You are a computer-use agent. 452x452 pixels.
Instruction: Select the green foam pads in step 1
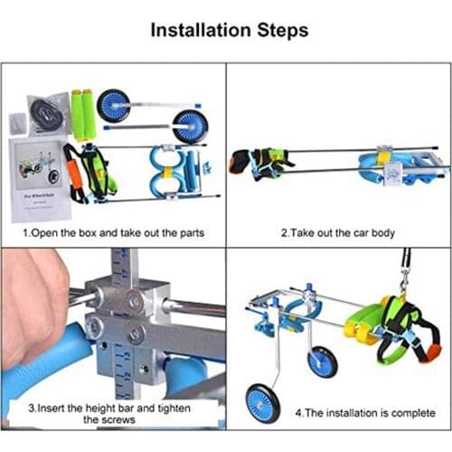click(x=83, y=115)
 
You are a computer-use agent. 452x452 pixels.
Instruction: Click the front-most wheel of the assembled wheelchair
click(x=261, y=402)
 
